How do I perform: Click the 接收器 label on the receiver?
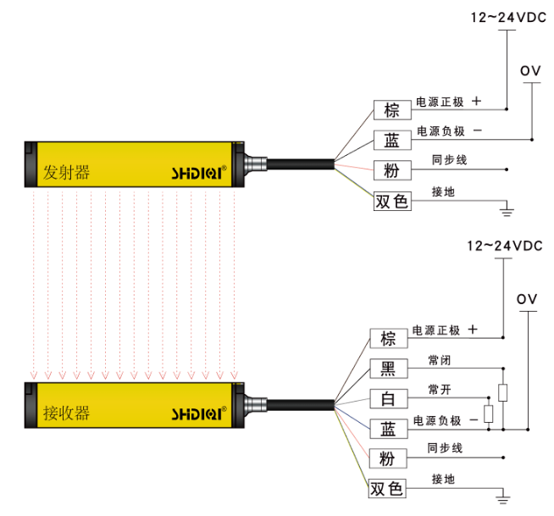pos(66,413)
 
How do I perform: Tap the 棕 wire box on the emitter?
pos(391,110)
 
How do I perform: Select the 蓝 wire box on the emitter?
pos(391,140)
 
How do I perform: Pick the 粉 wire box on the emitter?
pos(391,169)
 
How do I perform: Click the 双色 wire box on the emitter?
pos(391,201)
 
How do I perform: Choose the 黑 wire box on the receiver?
pos(388,368)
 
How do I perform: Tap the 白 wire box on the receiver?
pos(388,397)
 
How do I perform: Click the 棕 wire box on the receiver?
pos(388,339)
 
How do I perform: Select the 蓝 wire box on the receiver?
pos(388,427)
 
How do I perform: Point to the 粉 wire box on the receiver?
pos(388,458)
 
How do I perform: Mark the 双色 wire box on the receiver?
pos(388,489)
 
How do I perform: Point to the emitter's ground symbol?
pos(507,207)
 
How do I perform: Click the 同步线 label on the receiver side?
pos(444,448)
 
